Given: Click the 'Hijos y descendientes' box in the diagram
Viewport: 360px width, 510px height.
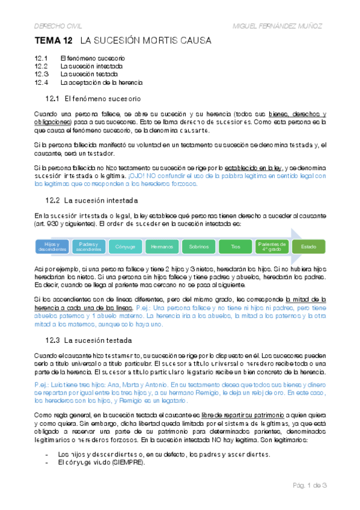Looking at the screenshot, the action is tap(52, 247).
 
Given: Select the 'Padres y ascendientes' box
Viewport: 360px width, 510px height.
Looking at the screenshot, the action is tap(89, 247).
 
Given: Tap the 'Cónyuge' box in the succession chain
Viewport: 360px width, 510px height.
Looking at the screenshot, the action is tap(125, 247).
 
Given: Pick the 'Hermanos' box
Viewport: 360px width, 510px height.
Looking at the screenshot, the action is tap(162, 247).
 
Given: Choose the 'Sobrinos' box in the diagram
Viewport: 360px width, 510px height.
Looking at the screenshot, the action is tap(198, 247).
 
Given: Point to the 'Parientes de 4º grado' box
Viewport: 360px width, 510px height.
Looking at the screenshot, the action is tap(272, 247).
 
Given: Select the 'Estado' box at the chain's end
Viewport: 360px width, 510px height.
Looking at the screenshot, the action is tap(308, 247).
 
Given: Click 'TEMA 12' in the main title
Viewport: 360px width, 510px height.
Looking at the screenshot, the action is tap(53, 41).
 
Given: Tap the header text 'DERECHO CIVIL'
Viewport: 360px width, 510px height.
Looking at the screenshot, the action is tap(57, 25).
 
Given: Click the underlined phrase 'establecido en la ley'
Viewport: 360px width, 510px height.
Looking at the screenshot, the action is tap(253, 168).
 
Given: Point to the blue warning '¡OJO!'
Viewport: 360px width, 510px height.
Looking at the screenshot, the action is tap(138, 176).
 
